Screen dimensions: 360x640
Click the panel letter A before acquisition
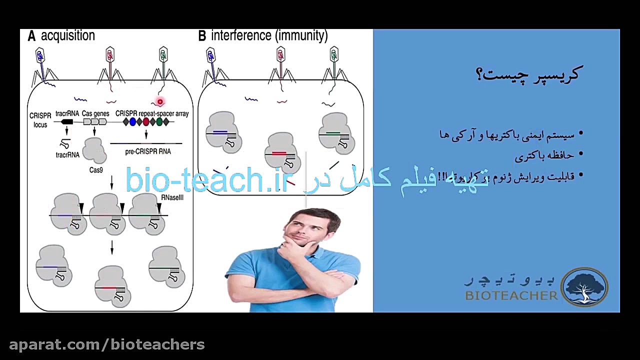(31, 36)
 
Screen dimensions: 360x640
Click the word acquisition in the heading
(67, 36)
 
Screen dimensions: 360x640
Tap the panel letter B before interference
(202, 36)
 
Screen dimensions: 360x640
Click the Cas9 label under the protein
(96, 170)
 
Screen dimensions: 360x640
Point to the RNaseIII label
(172, 197)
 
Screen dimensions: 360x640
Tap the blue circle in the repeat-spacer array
(132, 121)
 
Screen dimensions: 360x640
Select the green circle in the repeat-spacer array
(159, 121)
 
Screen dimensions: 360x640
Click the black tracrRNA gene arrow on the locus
(66, 121)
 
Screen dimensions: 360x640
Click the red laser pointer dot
(160, 102)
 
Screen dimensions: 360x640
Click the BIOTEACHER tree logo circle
(584, 287)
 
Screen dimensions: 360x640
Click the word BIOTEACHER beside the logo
(511, 295)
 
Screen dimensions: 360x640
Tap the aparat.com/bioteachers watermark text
(107, 344)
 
